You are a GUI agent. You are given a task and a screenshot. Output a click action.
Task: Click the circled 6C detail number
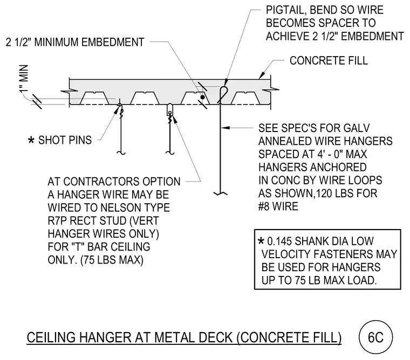point(375,337)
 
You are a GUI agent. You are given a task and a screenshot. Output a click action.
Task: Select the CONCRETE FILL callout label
point(329,60)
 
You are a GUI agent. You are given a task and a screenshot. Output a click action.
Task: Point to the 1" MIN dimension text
point(24,79)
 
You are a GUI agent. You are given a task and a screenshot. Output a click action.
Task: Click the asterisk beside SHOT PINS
point(31,140)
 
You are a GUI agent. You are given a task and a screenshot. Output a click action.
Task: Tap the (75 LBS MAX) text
point(112,260)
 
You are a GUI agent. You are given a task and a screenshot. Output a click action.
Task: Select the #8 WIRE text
point(278,206)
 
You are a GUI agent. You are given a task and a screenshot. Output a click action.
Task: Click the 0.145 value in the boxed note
point(279,241)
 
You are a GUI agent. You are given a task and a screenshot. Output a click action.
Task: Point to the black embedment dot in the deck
point(202,97)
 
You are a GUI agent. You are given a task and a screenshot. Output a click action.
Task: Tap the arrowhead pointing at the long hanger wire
point(225,128)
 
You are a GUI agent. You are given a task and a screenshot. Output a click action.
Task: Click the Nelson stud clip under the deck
point(170,110)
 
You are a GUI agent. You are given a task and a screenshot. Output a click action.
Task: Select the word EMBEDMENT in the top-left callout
point(113,43)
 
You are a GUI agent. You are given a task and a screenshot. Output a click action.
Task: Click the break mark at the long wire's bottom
point(221,193)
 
